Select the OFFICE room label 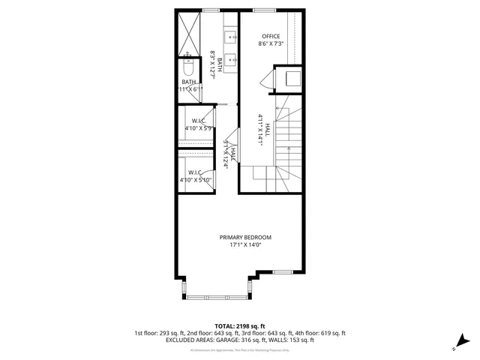pyautogui.click(x=270, y=37)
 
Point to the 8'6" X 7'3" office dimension pyautogui.click(x=270, y=44)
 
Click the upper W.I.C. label pyautogui.click(x=199, y=121)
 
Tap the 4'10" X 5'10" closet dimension pyautogui.click(x=196, y=180)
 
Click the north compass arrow pyautogui.click(x=465, y=341)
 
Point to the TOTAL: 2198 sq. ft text pyautogui.click(x=240, y=326)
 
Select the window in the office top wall pyautogui.click(x=263, y=10)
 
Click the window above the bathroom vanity pyautogui.click(x=211, y=10)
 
